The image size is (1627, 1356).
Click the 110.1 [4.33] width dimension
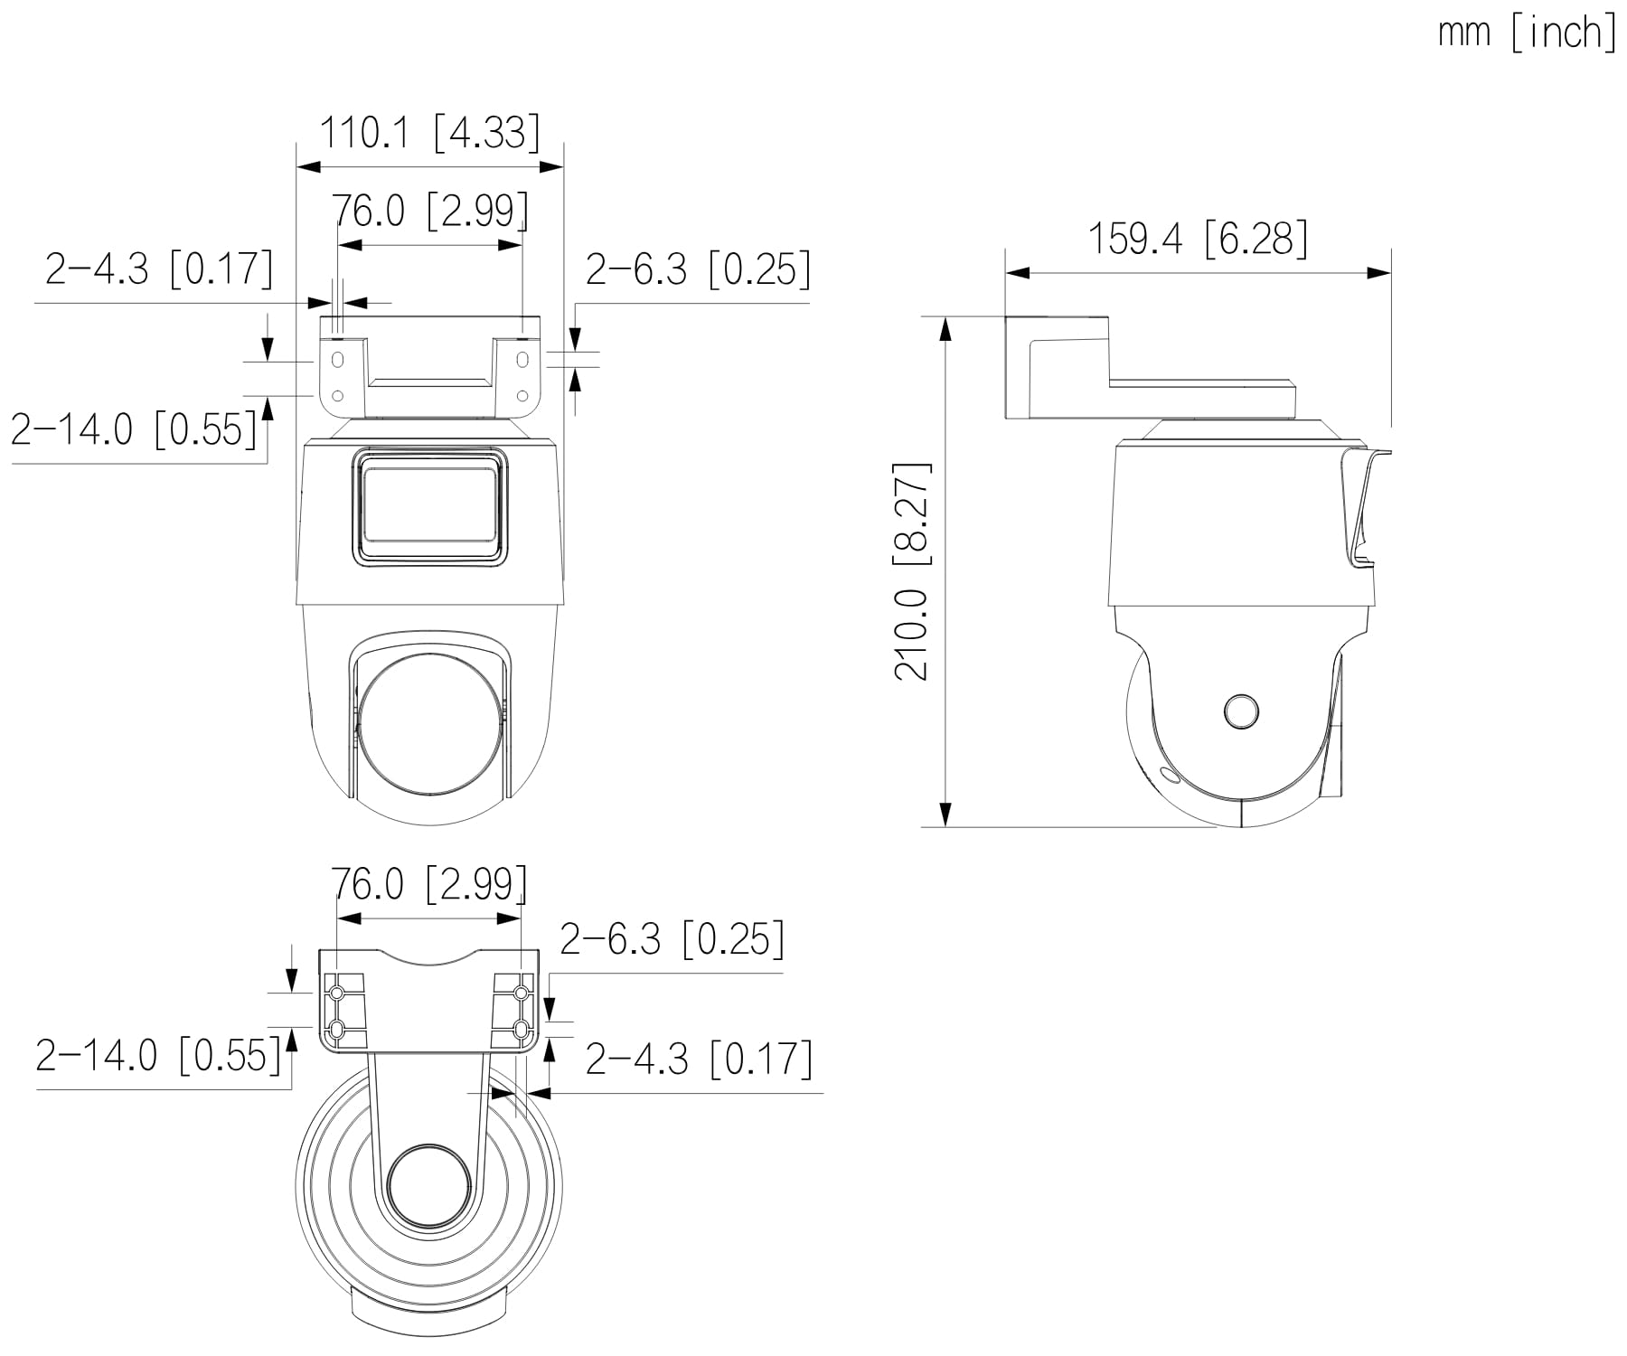click(430, 133)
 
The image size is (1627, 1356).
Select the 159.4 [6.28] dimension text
click(1198, 239)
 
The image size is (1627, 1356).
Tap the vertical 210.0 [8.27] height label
click(912, 571)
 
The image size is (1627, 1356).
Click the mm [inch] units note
click(1527, 33)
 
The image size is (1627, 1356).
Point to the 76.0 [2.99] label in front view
click(430, 211)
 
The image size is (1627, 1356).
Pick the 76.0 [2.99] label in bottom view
click(429, 883)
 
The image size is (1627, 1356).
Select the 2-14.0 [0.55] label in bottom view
click(158, 1055)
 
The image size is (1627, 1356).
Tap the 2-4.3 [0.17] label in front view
click(159, 268)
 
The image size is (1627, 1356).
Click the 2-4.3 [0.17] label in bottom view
click(699, 1059)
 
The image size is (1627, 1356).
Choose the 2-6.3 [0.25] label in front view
click(698, 268)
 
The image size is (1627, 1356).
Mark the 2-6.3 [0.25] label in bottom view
click(672, 939)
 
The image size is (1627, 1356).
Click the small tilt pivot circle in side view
click(1241, 711)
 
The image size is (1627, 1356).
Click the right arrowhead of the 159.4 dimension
click(1379, 272)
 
